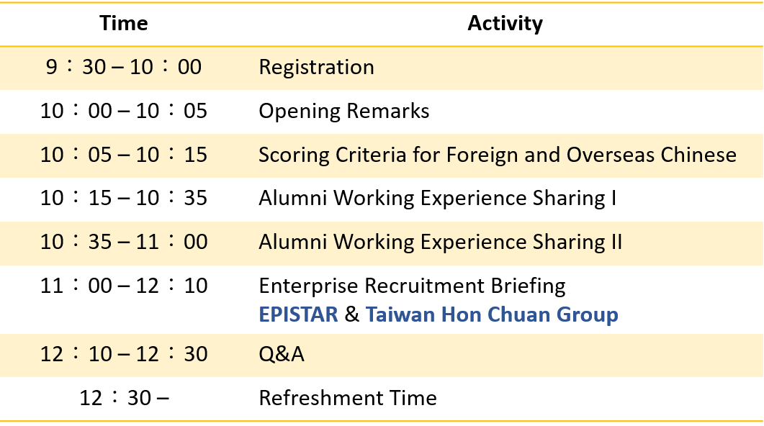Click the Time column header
pyautogui.click(x=124, y=23)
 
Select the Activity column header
pyautogui.click(x=505, y=23)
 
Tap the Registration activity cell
pyautogui.click(x=316, y=67)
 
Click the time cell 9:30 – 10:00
pyautogui.click(x=124, y=67)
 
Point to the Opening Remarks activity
pyautogui.click(x=344, y=111)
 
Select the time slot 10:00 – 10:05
pyautogui.click(x=124, y=111)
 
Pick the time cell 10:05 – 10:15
pyautogui.click(x=124, y=154)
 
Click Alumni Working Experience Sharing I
pyautogui.click(x=438, y=198)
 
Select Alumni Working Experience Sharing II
pyautogui.click(x=441, y=242)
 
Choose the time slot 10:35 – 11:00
pyautogui.click(x=124, y=242)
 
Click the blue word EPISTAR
pyautogui.click(x=298, y=314)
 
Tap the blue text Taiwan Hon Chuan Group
pyautogui.click(x=492, y=314)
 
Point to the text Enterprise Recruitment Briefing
pyautogui.click(x=412, y=286)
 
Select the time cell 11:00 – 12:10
pyautogui.click(x=124, y=285)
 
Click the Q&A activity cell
pyautogui.click(x=282, y=354)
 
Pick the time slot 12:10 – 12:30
pyautogui.click(x=124, y=353)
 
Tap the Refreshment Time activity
pyautogui.click(x=348, y=398)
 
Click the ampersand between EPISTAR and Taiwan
pyautogui.click(x=352, y=314)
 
